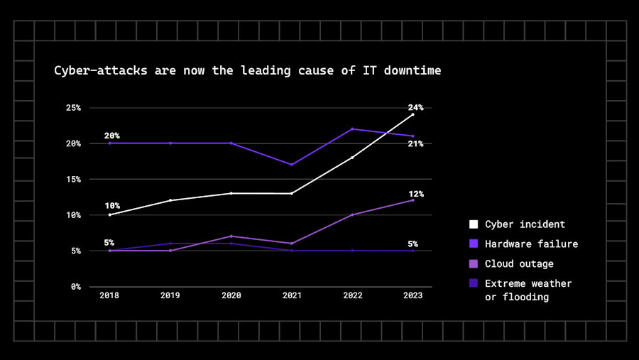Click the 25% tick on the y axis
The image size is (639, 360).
pyautogui.click(x=74, y=108)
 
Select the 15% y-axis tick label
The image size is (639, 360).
pyautogui.click(x=74, y=179)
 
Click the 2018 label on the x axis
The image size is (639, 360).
pyautogui.click(x=109, y=296)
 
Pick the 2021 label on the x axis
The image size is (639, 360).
pyautogui.click(x=292, y=296)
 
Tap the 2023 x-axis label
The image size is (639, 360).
pyautogui.click(x=413, y=296)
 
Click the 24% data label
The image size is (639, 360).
pyautogui.click(x=415, y=108)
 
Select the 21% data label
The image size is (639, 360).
pyautogui.click(x=415, y=144)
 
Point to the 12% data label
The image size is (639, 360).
pyautogui.click(x=415, y=194)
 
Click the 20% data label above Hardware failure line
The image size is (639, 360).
pyautogui.click(x=111, y=136)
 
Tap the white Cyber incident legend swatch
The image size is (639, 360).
pyautogui.click(x=474, y=224)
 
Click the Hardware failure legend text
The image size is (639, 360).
pyautogui.click(x=531, y=244)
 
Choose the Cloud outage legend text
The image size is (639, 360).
pyautogui.click(x=520, y=263)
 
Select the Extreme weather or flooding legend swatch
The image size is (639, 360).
pyautogui.click(x=474, y=283)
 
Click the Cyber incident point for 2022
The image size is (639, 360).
pyautogui.click(x=352, y=157)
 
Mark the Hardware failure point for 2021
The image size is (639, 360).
pyautogui.click(x=292, y=165)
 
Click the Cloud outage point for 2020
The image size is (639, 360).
pyautogui.click(x=231, y=236)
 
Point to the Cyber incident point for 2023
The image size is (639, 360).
pyautogui.click(x=413, y=114)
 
